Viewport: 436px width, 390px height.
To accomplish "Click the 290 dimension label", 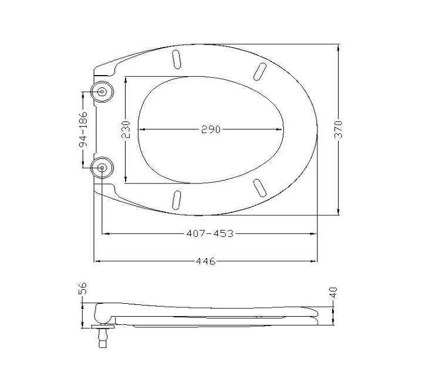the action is coord(211,129).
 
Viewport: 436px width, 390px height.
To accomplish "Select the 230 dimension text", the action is coord(126,130).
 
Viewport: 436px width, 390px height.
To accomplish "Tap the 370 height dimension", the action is coord(339,129).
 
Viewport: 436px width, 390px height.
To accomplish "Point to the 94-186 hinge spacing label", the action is coord(83,129).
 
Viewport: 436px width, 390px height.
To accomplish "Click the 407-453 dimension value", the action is coord(210,233).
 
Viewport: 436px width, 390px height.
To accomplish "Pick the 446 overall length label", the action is coord(206,262).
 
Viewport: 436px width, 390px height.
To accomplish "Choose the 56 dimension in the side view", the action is coord(83,289).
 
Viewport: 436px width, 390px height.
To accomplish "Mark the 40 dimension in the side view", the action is coord(333,293).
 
